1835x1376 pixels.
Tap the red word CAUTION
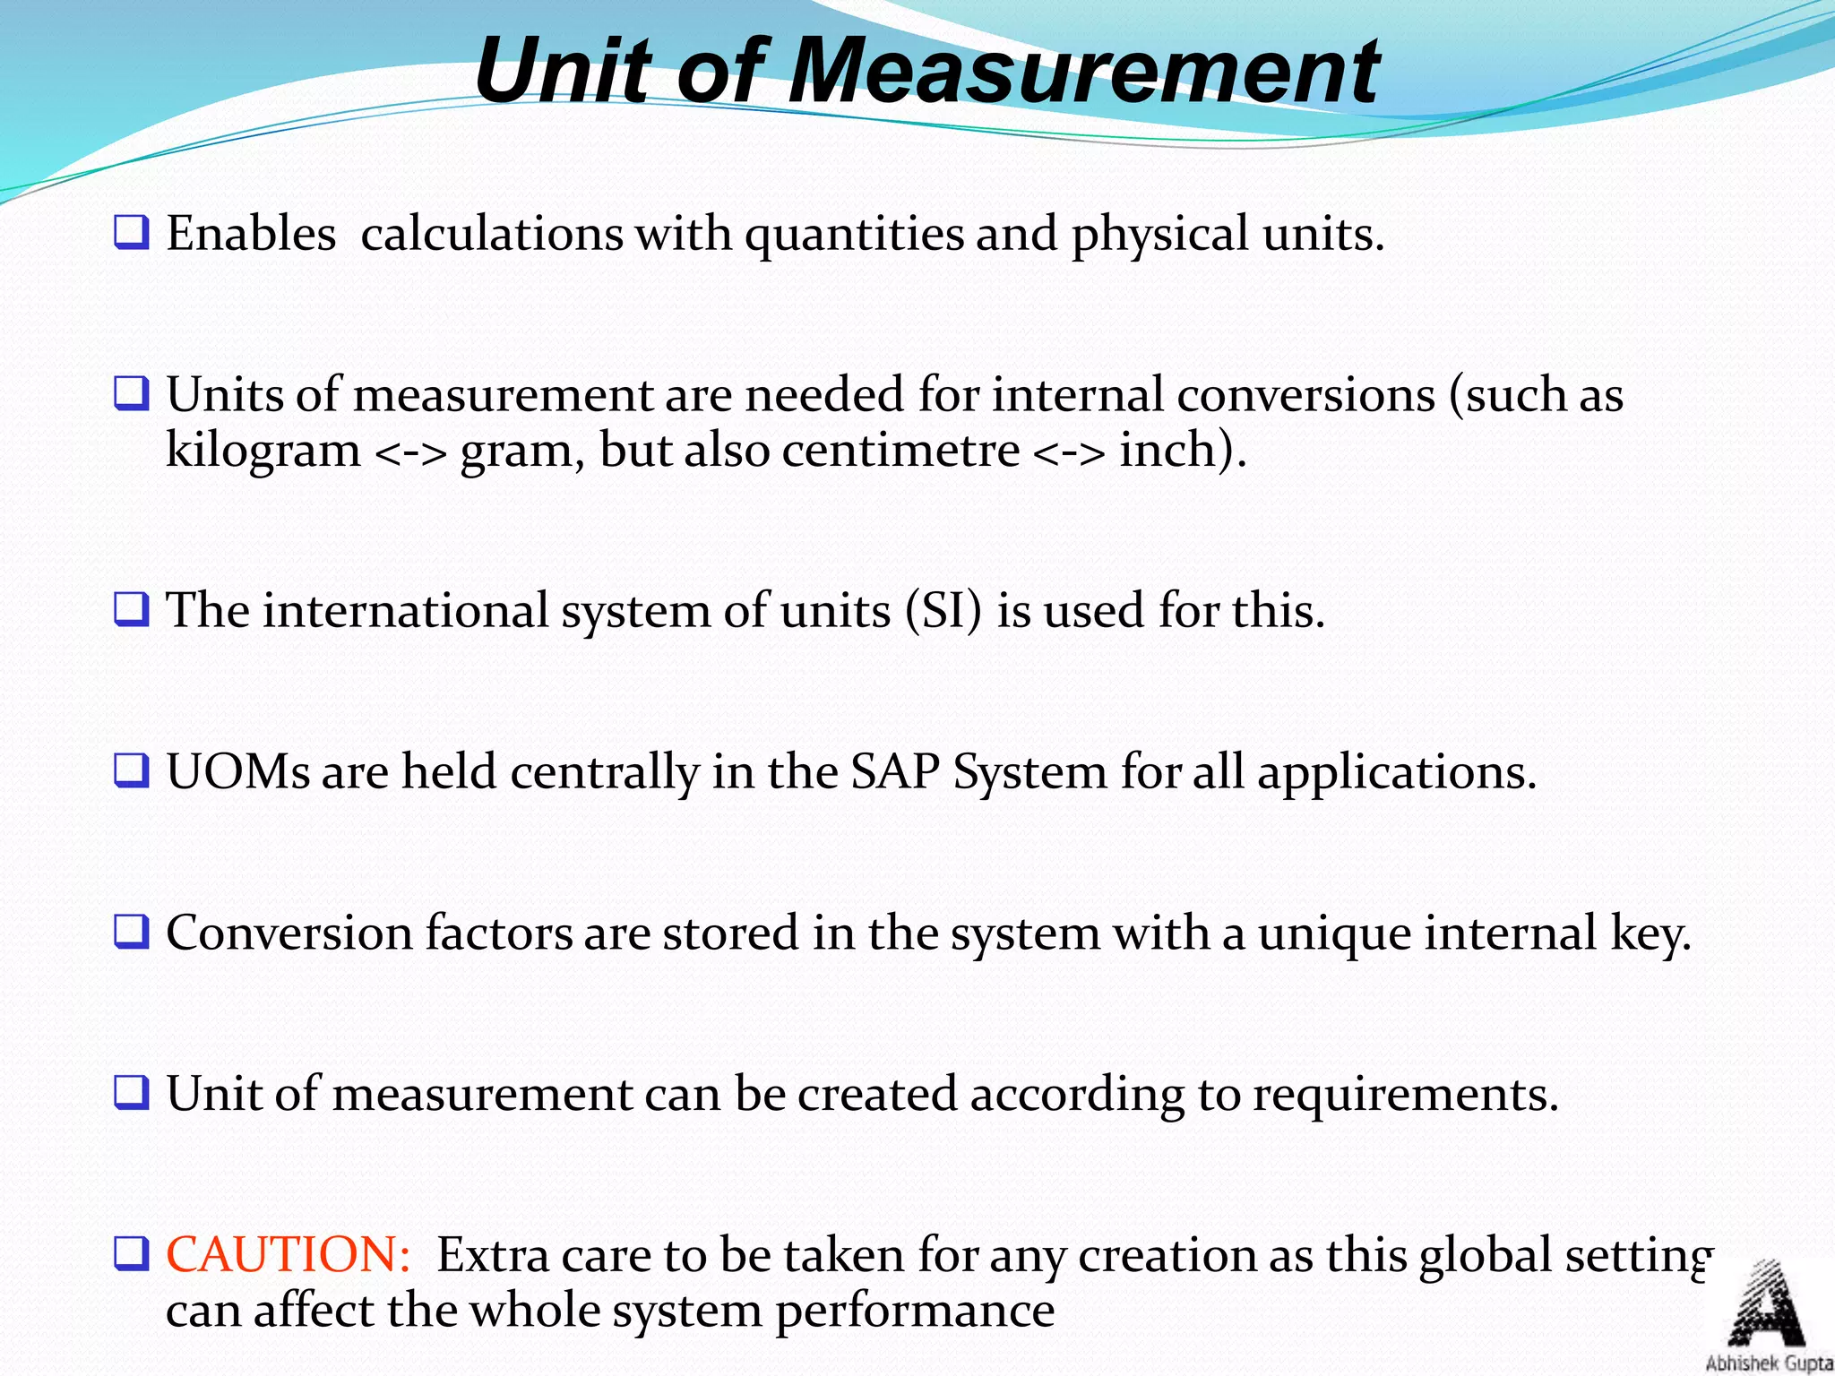(x=288, y=1254)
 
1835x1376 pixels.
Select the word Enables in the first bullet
(x=251, y=234)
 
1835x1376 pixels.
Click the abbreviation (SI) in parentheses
(x=943, y=611)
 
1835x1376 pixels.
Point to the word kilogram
(x=263, y=450)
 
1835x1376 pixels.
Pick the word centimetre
(x=900, y=450)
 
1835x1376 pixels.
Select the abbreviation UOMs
(x=237, y=771)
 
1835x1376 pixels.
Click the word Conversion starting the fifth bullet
(x=289, y=933)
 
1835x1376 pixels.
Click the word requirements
(x=1404, y=1095)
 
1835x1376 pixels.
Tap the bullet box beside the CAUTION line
(x=131, y=1253)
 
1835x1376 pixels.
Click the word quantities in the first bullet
(x=854, y=235)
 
